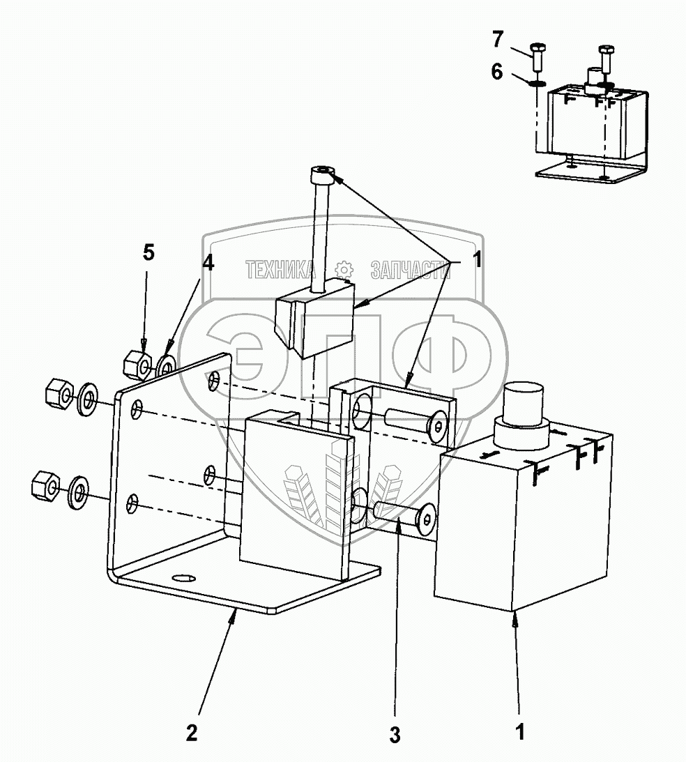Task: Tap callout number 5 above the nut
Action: pos(148,253)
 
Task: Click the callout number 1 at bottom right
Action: pos(519,733)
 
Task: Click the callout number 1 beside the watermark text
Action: pos(476,261)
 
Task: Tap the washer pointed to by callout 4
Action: pos(167,365)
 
